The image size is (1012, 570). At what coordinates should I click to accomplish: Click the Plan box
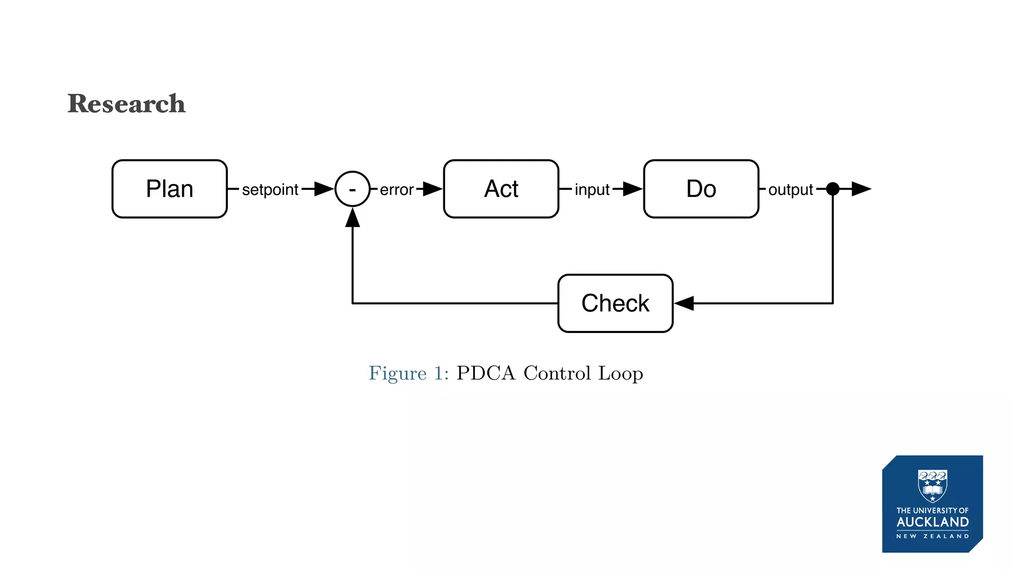[x=169, y=189]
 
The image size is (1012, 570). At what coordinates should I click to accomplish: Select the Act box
[x=501, y=189]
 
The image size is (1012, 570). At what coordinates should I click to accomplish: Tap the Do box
[x=701, y=189]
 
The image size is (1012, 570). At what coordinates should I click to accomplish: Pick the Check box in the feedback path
[x=615, y=303]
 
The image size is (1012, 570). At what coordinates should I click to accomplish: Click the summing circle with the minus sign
[x=352, y=189]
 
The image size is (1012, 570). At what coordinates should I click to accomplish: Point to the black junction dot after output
[x=833, y=189]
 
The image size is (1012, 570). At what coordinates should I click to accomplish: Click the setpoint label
[x=270, y=190]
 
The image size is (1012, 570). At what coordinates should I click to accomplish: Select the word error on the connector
[x=396, y=190]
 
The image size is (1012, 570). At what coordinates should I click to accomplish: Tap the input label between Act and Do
[x=592, y=190]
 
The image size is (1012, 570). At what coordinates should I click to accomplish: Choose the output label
[x=790, y=190]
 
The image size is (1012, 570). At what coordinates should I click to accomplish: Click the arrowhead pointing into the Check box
[x=685, y=303]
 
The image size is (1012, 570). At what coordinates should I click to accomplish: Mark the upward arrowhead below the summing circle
[x=352, y=218]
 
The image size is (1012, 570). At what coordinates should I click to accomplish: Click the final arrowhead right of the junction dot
[x=861, y=189]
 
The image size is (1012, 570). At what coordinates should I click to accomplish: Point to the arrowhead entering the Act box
[x=432, y=189]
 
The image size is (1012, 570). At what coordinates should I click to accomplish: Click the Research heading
[x=126, y=104]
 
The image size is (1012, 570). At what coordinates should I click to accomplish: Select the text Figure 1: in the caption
[x=409, y=373]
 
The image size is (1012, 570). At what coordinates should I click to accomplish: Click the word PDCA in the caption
[x=486, y=373]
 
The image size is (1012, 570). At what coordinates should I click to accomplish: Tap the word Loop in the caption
[x=621, y=373]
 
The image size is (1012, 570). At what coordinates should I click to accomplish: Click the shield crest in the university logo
[x=932, y=485]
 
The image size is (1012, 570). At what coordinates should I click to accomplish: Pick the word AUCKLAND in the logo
[x=932, y=522]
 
